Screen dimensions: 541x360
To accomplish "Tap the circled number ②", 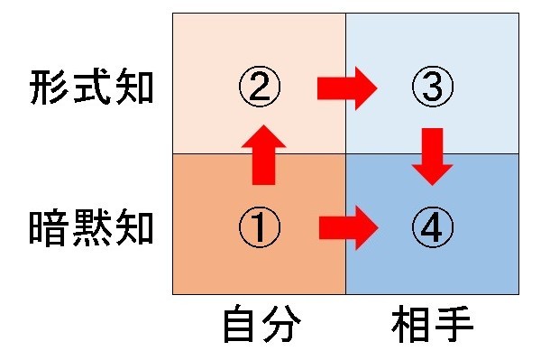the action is point(259,88).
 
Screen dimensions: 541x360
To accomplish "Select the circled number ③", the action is point(432,88).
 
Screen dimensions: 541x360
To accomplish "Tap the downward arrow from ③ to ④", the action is point(434,155).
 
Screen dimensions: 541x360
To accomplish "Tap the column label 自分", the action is point(259,327).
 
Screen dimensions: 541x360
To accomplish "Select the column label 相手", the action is point(432,327).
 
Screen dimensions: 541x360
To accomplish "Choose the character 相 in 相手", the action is point(411,327).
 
